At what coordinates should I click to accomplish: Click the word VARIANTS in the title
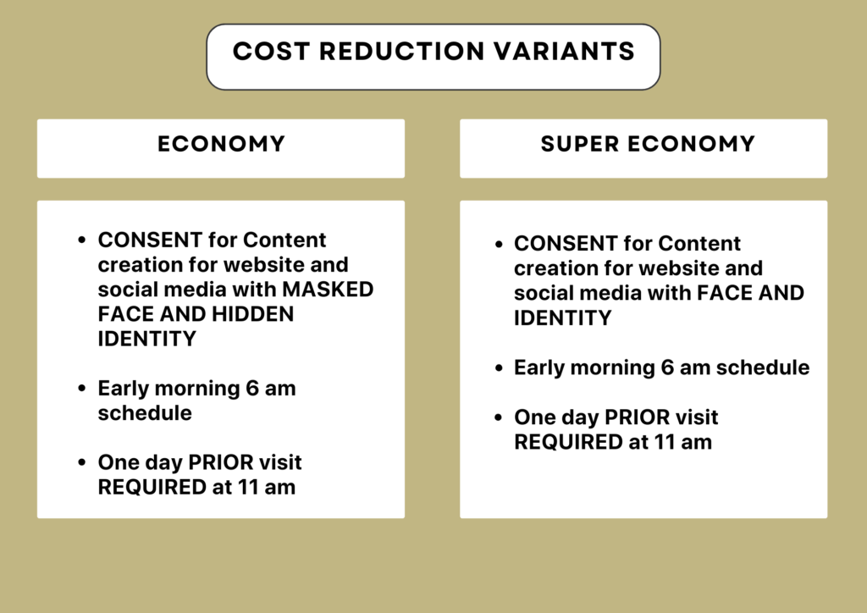point(564,52)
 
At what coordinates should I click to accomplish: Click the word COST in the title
point(271,52)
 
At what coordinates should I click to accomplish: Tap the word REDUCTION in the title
point(401,52)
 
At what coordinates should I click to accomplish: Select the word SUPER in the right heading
point(579,144)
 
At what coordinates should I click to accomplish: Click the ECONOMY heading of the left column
point(221,144)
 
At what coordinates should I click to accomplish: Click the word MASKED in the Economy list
point(328,289)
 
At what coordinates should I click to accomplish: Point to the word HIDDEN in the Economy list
point(252,314)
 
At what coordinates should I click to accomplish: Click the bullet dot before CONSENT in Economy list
point(82,240)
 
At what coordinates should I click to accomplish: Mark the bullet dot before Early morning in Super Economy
point(499,367)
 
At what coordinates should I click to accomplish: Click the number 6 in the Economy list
point(252,388)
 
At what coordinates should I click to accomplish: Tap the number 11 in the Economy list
point(247,487)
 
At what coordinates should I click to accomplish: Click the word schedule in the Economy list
point(145,413)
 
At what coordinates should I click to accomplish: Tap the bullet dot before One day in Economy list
point(82,462)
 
